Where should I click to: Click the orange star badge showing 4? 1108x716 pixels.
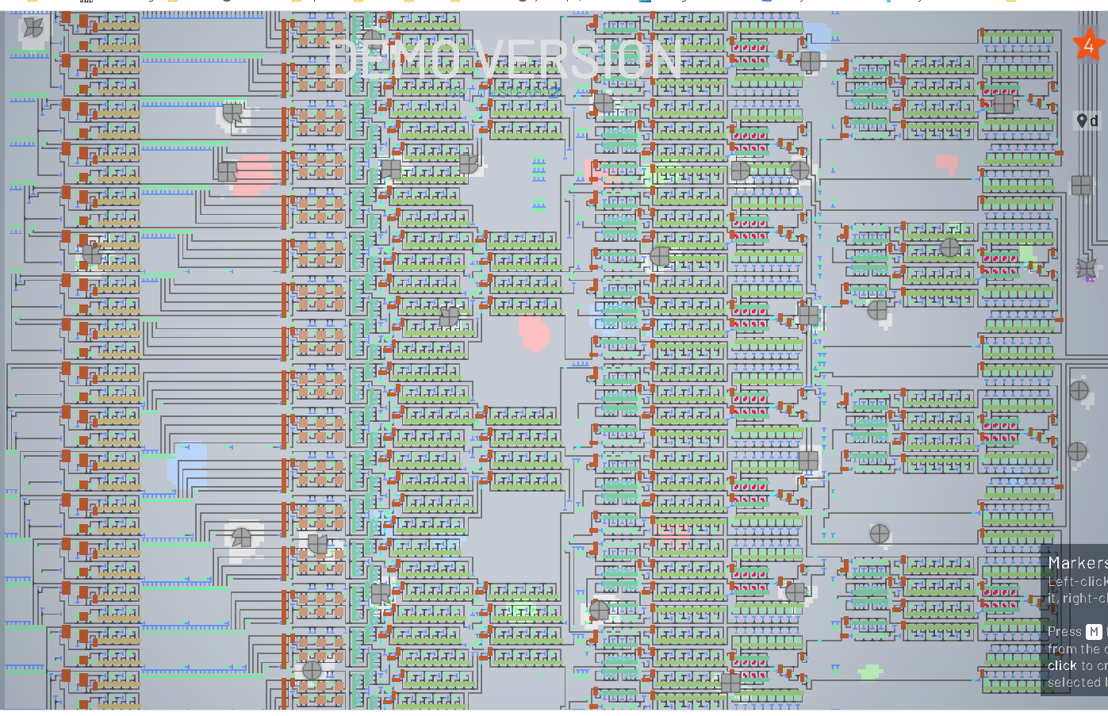click(1088, 46)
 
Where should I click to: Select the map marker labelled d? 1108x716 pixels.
click(1087, 121)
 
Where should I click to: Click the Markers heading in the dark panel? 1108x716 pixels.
click(1077, 563)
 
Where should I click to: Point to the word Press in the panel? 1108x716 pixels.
click(1064, 632)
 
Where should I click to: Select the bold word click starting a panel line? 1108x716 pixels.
click(1062, 666)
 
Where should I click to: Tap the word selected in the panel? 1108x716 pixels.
click(1073, 683)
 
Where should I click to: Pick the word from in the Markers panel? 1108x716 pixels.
click(1061, 649)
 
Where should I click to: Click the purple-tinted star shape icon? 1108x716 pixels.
click(1087, 269)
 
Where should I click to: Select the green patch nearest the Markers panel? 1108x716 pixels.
click(870, 672)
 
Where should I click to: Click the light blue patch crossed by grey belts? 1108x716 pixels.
click(189, 464)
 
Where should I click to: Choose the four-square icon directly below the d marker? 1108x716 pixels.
click(1081, 186)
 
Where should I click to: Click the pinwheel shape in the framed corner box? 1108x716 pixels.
click(33, 27)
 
